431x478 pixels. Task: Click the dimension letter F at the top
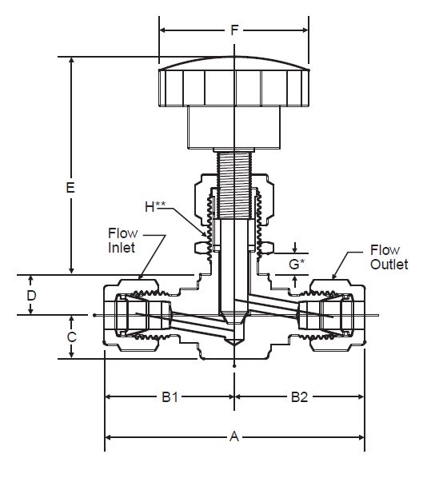click(x=234, y=30)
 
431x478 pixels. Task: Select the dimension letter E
click(x=70, y=188)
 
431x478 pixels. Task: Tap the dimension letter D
click(x=31, y=296)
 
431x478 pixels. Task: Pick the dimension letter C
click(x=72, y=337)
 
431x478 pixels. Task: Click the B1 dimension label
click(x=170, y=397)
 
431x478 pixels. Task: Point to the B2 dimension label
click(x=299, y=397)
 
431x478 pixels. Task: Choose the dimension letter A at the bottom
click(x=234, y=436)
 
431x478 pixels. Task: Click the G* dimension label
click(x=297, y=264)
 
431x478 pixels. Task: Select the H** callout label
click(x=155, y=206)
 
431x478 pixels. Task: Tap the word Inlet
click(x=122, y=248)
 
